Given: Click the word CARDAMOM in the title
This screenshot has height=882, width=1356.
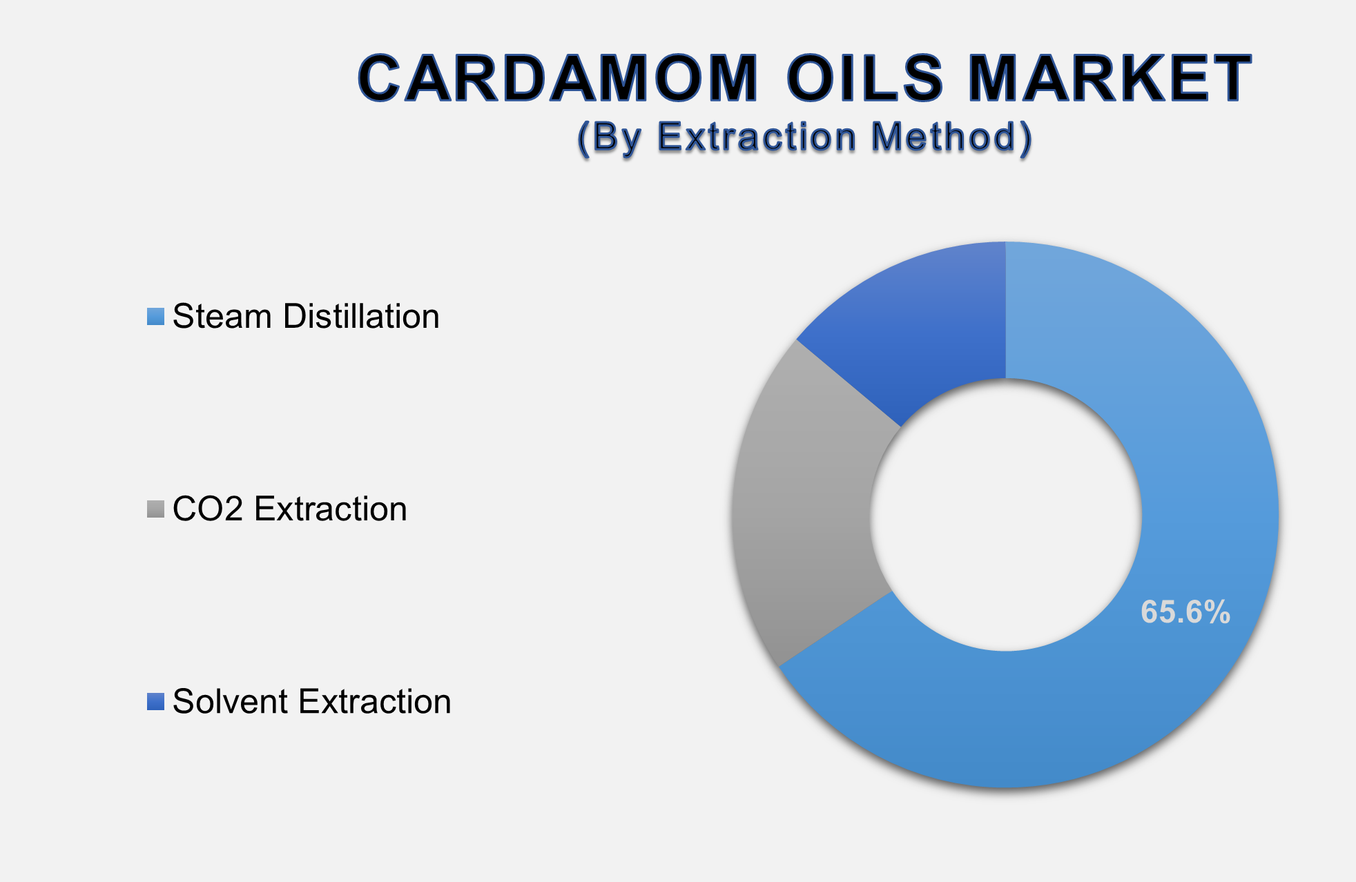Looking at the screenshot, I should [x=558, y=79].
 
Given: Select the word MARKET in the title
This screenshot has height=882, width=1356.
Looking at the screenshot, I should [x=1110, y=79].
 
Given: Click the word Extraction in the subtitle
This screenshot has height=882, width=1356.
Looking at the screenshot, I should [x=757, y=137].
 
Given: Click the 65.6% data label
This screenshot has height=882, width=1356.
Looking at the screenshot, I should [x=1185, y=612].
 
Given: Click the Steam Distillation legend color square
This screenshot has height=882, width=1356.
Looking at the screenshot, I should [x=155, y=317].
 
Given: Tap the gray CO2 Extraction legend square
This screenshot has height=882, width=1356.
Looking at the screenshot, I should [x=155, y=509].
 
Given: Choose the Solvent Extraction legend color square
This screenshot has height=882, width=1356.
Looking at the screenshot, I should [x=155, y=702].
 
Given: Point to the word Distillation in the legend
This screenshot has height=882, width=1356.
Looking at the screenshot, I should [x=361, y=317].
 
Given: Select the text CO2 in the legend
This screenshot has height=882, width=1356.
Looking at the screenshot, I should [x=208, y=509].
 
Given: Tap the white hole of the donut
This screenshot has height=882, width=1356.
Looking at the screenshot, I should [x=1005, y=515].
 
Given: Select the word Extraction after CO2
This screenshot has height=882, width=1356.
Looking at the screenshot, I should [x=331, y=509].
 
